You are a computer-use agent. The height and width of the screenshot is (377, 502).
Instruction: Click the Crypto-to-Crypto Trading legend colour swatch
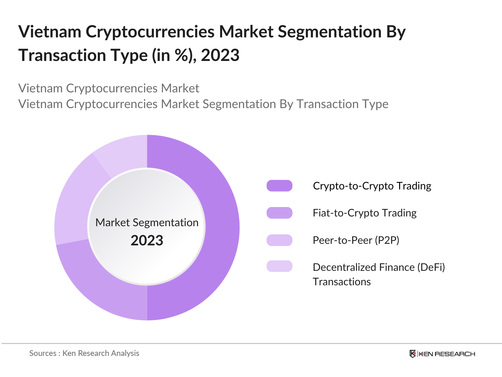coord(279,186)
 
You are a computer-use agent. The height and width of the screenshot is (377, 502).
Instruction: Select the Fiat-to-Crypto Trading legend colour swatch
coord(279,213)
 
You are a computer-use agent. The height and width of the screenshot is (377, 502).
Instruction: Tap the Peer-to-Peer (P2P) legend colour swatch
coord(279,240)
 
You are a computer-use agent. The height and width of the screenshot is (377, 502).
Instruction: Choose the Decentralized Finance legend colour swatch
coord(279,266)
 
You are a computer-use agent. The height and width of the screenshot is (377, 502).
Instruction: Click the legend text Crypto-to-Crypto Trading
coord(372,186)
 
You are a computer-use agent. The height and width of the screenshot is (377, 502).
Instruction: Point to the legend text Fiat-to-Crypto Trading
coord(365,213)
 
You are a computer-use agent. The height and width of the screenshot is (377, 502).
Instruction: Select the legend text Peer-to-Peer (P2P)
coord(356,240)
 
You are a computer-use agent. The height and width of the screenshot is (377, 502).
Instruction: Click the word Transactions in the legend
coord(342,282)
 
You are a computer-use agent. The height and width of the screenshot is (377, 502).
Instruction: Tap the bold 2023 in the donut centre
coord(147,241)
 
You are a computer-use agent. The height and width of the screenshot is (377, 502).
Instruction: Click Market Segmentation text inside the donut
coord(147,222)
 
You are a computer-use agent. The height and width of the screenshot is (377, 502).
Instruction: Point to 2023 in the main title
coord(220,55)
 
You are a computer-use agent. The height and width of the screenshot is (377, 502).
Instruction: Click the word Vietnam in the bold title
coord(50,32)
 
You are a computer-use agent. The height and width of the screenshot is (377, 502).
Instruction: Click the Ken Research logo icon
coord(413,354)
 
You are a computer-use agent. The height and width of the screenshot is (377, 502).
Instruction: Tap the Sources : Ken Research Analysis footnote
coord(84,353)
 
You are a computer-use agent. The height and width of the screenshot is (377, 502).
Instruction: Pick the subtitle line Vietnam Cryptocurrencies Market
coord(109,88)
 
